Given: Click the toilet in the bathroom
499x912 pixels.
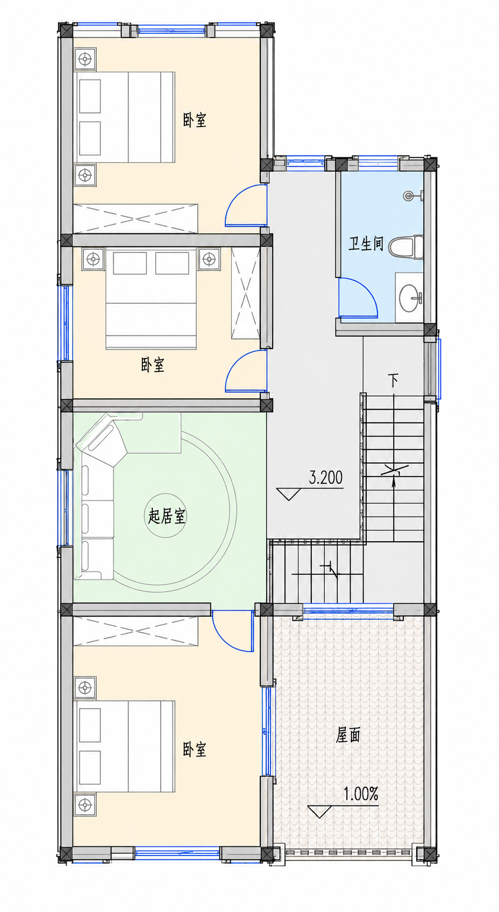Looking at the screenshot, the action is click(x=406, y=247).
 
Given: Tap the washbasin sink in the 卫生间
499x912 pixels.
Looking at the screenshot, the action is click(x=410, y=298).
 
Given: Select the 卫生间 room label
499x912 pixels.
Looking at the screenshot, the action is click(x=366, y=244).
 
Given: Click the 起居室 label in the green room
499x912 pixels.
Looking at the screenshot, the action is click(x=167, y=516).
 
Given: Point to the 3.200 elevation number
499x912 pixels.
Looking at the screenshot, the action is click(x=326, y=477).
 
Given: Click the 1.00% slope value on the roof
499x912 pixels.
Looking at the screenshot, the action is click(x=361, y=794).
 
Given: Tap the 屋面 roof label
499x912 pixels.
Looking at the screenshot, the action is click(x=348, y=735).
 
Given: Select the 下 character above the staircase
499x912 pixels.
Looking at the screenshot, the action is click(x=394, y=381).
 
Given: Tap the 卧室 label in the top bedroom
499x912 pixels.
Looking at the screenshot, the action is click(x=195, y=120).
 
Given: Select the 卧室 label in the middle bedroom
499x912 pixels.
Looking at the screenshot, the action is click(x=153, y=365).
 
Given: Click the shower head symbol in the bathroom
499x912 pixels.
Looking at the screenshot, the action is click(x=412, y=196).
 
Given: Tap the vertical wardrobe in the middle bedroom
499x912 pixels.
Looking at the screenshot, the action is click(x=245, y=293).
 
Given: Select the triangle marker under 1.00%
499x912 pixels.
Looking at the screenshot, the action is click(x=320, y=812).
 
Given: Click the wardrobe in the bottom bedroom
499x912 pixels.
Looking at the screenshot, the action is click(x=136, y=631).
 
